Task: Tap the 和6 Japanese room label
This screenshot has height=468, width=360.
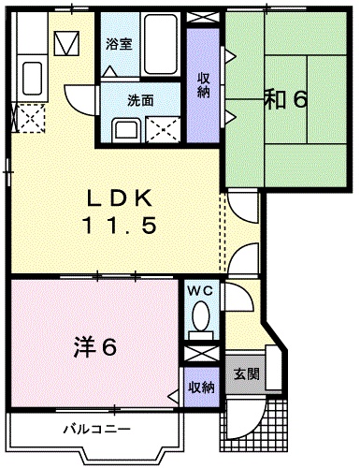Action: pos(284,98)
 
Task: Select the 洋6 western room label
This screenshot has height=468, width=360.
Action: pos(94,348)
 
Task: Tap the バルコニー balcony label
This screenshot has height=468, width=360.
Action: pos(96,430)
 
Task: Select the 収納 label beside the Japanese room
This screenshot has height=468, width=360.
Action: pos(203,84)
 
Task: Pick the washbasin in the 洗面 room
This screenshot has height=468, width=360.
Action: pos(124,129)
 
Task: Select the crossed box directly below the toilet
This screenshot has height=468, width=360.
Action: pos(199,356)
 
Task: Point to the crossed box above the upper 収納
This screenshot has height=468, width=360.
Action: pos(203,18)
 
